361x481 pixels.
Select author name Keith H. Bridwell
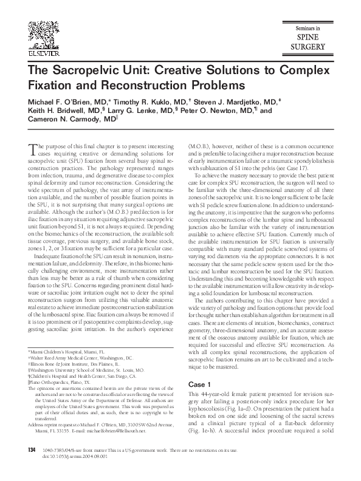coord(58,111)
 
